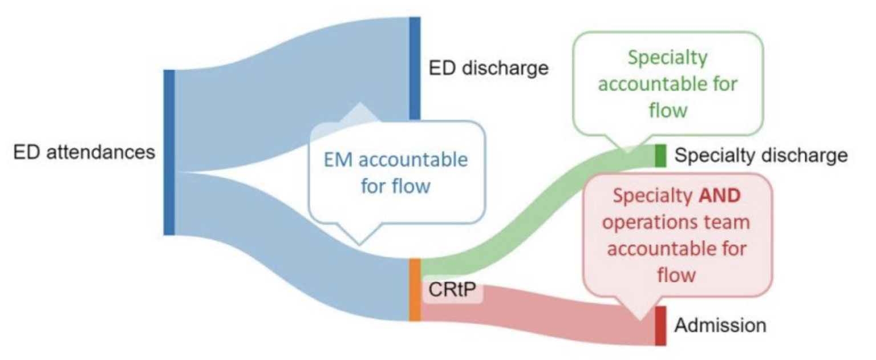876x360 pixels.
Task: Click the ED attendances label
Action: pos(85,152)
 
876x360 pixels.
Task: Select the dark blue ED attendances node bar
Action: pos(169,152)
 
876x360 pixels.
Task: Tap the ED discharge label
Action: pos(488,68)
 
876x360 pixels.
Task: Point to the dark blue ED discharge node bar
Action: pos(415,68)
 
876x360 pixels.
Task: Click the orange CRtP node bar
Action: pos(415,290)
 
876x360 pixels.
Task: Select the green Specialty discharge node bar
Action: pos(660,156)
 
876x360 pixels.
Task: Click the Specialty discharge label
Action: pos(761,156)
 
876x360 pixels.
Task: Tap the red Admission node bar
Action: pos(660,326)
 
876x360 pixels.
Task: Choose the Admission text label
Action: pos(720,326)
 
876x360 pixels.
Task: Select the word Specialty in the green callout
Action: pos(667,58)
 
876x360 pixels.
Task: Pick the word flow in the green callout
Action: pos(668,110)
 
